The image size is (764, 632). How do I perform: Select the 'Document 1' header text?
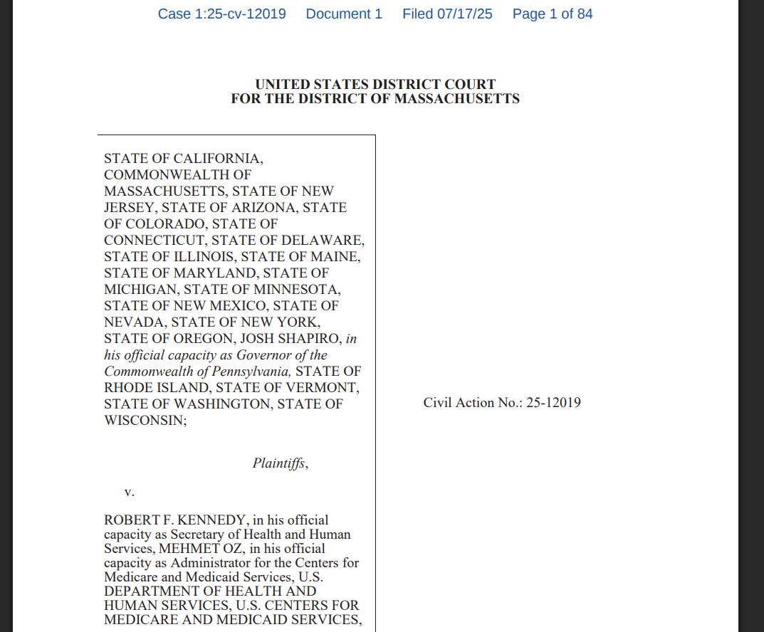[344, 14]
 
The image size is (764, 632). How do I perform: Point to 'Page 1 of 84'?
[553, 14]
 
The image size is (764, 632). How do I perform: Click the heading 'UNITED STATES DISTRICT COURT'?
[375, 85]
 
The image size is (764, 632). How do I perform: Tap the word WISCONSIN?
[143, 421]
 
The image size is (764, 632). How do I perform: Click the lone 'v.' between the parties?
[130, 492]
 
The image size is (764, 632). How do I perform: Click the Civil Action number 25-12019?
[553, 403]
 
